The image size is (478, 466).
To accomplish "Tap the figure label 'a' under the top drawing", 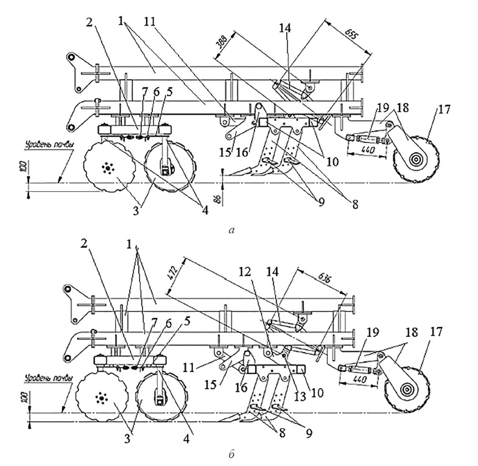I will click(230, 230).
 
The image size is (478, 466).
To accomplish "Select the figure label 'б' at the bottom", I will click(230, 454).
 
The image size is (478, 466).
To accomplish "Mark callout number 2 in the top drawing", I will click(90, 22).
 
